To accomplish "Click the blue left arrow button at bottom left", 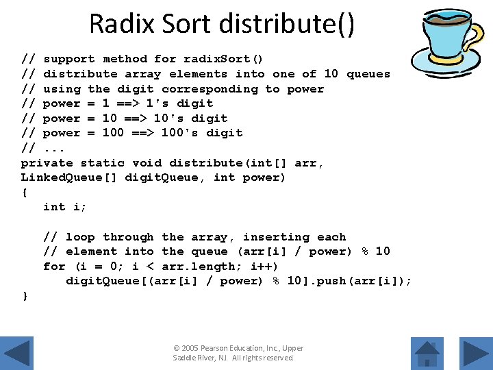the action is pyautogui.click(x=18, y=353).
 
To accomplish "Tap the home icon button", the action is pyautogui.click(x=428, y=353).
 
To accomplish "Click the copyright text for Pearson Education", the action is pyautogui.click(x=238, y=353).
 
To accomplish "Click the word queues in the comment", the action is pyautogui.click(x=368, y=74).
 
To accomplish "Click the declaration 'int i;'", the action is pyautogui.click(x=65, y=207).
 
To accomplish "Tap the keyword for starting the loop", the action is pyautogui.click(x=54, y=267).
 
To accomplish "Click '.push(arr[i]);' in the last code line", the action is pyautogui.click(x=362, y=281).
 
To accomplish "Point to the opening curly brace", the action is pyautogui.click(x=25, y=193).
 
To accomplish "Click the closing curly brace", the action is pyautogui.click(x=25, y=296).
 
